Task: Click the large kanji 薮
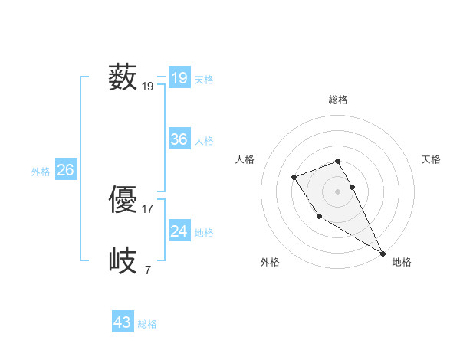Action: coord(123,78)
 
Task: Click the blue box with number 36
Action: coord(179,139)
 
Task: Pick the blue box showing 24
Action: coord(179,231)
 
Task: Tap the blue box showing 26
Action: coord(65,170)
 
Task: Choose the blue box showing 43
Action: coord(123,322)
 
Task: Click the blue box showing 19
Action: coord(179,78)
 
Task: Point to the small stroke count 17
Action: coord(148,208)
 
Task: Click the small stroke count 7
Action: coord(147,270)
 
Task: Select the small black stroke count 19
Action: coord(148,87)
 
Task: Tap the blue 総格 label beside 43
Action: coord(147,324)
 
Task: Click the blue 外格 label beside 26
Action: coord(41,172)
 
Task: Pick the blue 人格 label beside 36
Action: coord(204,141)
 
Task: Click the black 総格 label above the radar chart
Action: coord(337,100)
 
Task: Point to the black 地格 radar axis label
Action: coord(402,262)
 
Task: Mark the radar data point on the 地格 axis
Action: coord(383,253)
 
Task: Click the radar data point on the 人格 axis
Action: coord(294,178)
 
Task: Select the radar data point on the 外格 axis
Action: coord(319,216)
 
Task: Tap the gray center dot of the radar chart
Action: coord(337,191)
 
